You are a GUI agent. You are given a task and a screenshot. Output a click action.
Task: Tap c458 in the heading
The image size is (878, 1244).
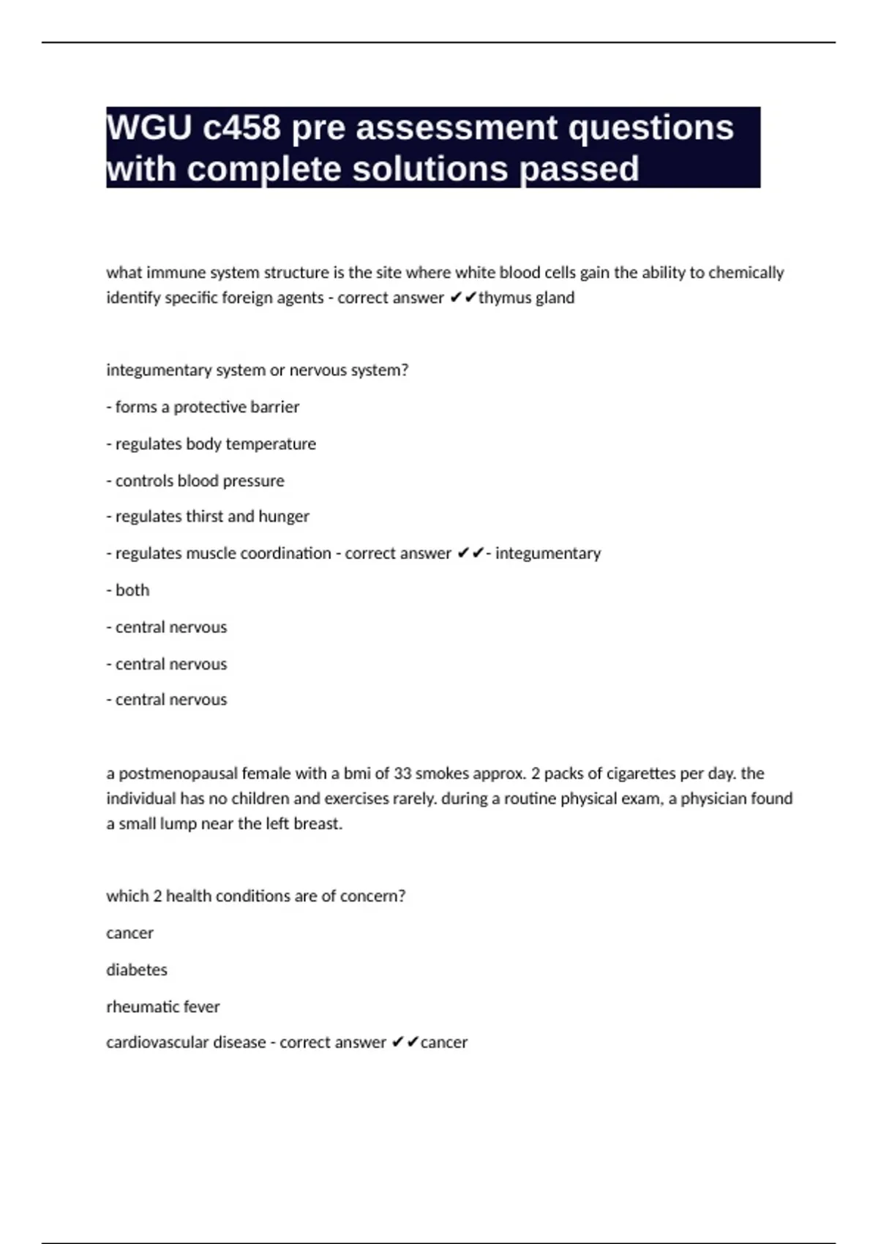click(241, 128)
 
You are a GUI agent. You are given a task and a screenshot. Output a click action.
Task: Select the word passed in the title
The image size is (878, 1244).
click(579, 169)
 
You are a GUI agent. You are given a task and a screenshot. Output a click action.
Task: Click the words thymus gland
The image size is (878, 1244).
click(527, 298)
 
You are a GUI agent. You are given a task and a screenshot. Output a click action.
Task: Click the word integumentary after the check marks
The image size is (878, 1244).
click(548, 553)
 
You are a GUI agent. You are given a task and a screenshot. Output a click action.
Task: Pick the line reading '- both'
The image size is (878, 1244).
click(128, 591)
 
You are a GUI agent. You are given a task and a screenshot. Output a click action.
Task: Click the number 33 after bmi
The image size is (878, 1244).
click(402, 773)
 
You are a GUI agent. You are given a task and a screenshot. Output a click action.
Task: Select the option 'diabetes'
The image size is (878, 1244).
click(137, 970)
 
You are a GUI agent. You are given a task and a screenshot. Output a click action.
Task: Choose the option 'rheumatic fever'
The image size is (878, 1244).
click(162, 1007)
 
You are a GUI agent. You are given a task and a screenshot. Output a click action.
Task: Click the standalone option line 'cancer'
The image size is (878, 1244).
click(130, 933)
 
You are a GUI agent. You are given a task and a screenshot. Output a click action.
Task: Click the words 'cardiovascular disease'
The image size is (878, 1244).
click(186, 1043)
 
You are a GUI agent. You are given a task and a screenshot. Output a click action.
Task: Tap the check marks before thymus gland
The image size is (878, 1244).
click(463, 298)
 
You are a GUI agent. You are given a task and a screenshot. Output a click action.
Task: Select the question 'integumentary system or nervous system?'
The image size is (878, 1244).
click(257, 370)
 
